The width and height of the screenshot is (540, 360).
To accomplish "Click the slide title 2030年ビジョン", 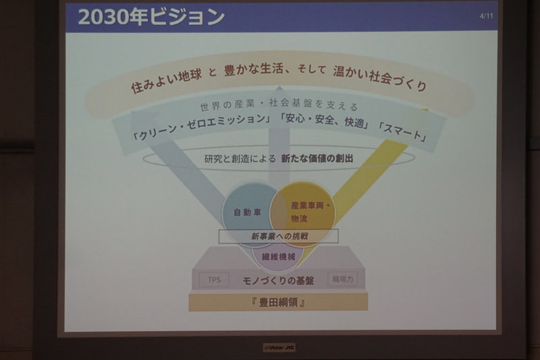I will [151, 17].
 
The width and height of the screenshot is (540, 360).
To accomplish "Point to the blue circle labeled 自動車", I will [247, 211].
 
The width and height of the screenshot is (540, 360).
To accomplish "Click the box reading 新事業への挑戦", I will [278, 237].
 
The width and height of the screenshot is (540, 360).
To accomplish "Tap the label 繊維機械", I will [278, 257].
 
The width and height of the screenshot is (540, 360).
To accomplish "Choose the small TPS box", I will [214, 280].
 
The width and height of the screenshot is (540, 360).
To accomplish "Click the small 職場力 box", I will [342, 278].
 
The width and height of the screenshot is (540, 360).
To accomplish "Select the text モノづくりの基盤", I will [278, 280].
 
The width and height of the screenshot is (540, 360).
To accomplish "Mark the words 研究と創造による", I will [240, 159].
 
